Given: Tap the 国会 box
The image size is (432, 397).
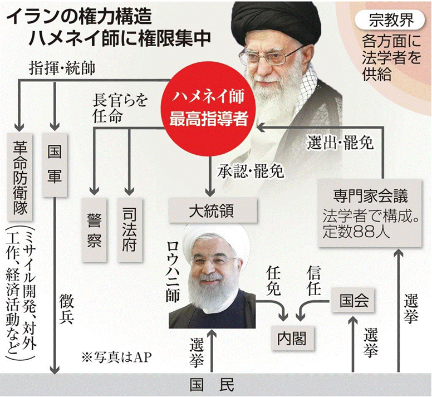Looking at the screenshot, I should tap(355, 301).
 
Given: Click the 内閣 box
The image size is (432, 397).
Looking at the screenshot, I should tap(292, 336).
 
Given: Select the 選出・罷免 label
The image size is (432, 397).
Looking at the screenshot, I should tap(340, 142).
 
